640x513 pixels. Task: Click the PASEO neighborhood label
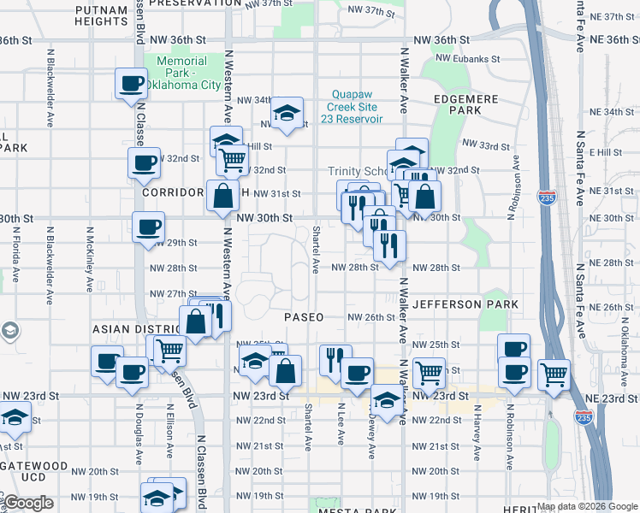point(304,317)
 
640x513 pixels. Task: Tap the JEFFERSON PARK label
point(465,304)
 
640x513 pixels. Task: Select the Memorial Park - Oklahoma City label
point(182,73)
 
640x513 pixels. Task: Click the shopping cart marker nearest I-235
point(554,374)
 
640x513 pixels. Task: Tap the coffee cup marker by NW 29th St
point(149,227)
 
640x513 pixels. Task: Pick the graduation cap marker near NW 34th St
point(287,113)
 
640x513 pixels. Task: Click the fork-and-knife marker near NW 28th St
point(390,245)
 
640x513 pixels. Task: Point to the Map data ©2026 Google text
point(587,506)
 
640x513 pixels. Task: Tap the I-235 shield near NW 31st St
point(546,198)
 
